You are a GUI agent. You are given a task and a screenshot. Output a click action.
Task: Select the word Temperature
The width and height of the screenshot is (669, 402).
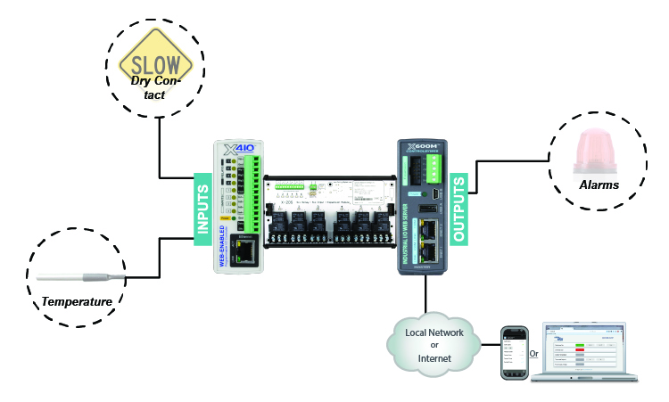[x=78, y=302]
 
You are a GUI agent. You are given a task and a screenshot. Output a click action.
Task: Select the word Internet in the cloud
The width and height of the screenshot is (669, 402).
[x=427, y=357]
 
